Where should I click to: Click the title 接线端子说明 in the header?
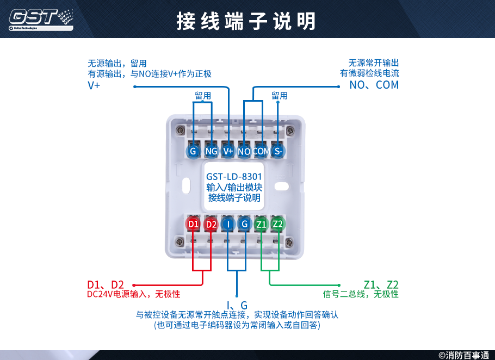tap(246, 21)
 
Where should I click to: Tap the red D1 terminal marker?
tap(193, 224)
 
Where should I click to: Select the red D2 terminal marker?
tap(211, 224)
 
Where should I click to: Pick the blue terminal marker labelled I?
tap(228, 224)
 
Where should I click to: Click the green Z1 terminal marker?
tap(262, 224)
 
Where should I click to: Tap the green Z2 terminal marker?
tap(278, 224)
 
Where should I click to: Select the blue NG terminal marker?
tap(211, 151)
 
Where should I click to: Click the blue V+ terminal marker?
tap(228, 151)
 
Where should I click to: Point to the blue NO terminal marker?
tap(244, 151)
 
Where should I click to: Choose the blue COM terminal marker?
tap(261, 151)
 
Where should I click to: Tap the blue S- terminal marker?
tap(278, 151)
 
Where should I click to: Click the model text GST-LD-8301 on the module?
tap(234, 177)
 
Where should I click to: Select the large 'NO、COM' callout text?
tap(374, 85)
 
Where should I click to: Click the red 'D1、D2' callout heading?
tap(106, 284)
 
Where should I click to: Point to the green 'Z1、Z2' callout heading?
tap(381, 284)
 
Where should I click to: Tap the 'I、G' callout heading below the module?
tap(237, 305)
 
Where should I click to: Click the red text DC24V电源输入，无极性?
tap(133, 294)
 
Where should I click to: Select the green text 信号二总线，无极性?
tap(361, 294)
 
